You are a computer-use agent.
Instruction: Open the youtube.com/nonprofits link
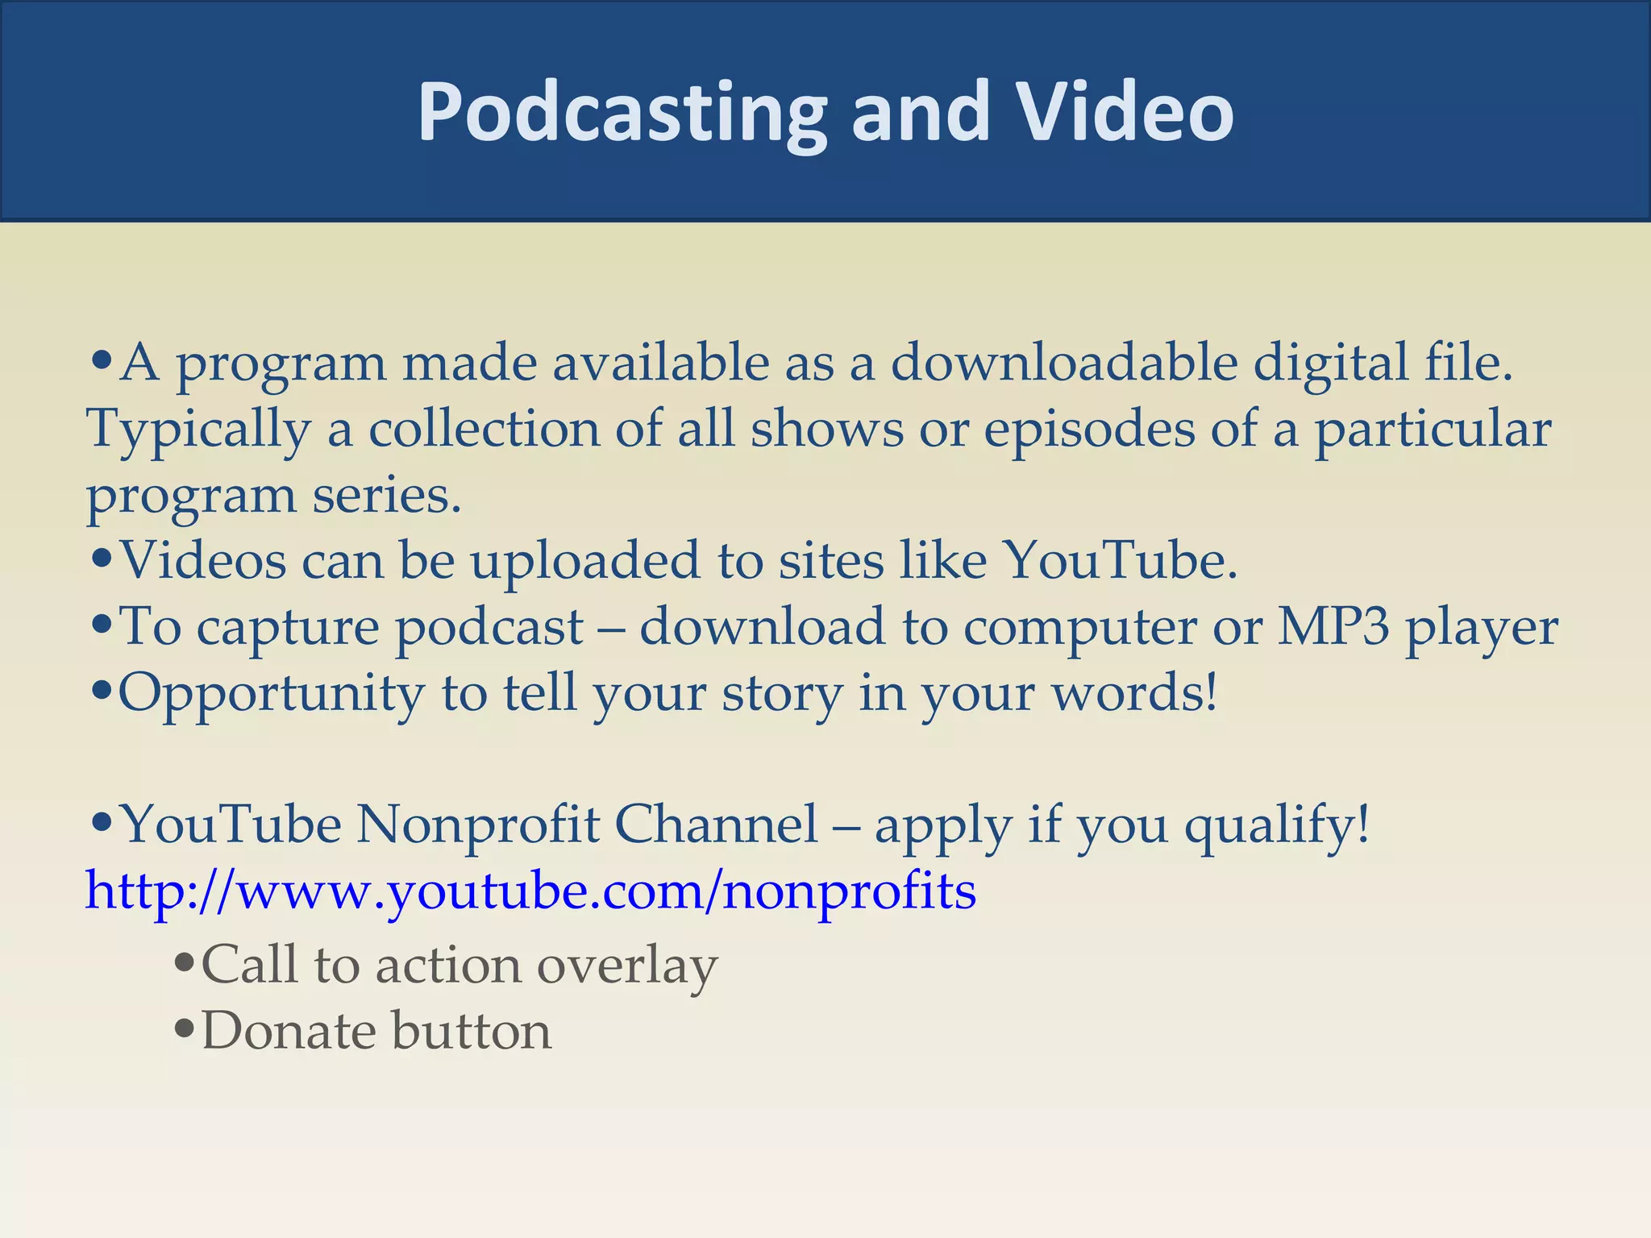pyautogui.click(x=530, y=891)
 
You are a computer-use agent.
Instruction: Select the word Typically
pyautogui.click(x=198, y=429)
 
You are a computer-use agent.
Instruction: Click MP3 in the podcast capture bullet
pyautogui.click(x=1333, y=626)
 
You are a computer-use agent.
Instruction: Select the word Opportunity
pyautogui.click(x=271, y=693)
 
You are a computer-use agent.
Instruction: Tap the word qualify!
pyautogui.click(x=1277, y=826)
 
